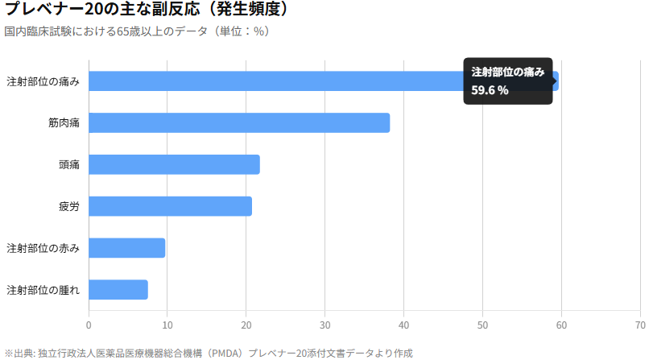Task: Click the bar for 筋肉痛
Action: pyautogui.click(x=239, y=122)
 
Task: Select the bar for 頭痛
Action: pyautogui.click(x=174, y=164)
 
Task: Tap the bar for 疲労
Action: pyautogui.click(x=170, y=206)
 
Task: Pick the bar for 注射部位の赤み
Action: pyautogui.click(x=126, y=248)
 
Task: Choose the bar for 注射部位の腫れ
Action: pyautogui.click(x=118, y=289)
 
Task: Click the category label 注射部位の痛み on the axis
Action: pyautogui.click(x=43, y=81)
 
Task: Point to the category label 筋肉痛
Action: pyautogui.click(x=64, y=123)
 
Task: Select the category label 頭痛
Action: pyautogui.click(x=69, y=165)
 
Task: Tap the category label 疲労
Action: pyautogui.click(x=69, y=207)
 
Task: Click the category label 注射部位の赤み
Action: pyautogui.click(x=43, y=248)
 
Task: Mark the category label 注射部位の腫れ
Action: pyautogui.click(x=43, y=290)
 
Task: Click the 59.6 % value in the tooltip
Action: pyautogui.click(x=490, y=90)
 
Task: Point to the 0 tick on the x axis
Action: pyautogui.click(x=89, y=325)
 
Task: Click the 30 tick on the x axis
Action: pyautogui.click(x=324, y=325)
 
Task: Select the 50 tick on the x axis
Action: pyautogui.click(x=482, y=325)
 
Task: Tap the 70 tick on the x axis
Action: pyautogui.click(x=640, y=325)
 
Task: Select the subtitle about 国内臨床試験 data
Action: pyautogui.click(x=136, y=31)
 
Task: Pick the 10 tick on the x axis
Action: pyautogui.click(x=167, y=325)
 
